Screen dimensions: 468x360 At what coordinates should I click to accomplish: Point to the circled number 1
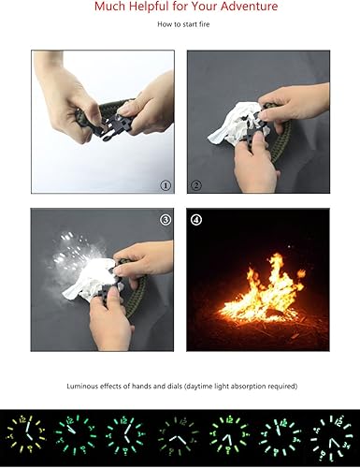(166, 185)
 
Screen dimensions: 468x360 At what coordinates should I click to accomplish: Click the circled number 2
(196, 185)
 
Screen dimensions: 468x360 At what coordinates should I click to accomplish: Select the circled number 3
(166, 221)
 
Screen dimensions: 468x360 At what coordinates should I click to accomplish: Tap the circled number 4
(197, 221)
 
